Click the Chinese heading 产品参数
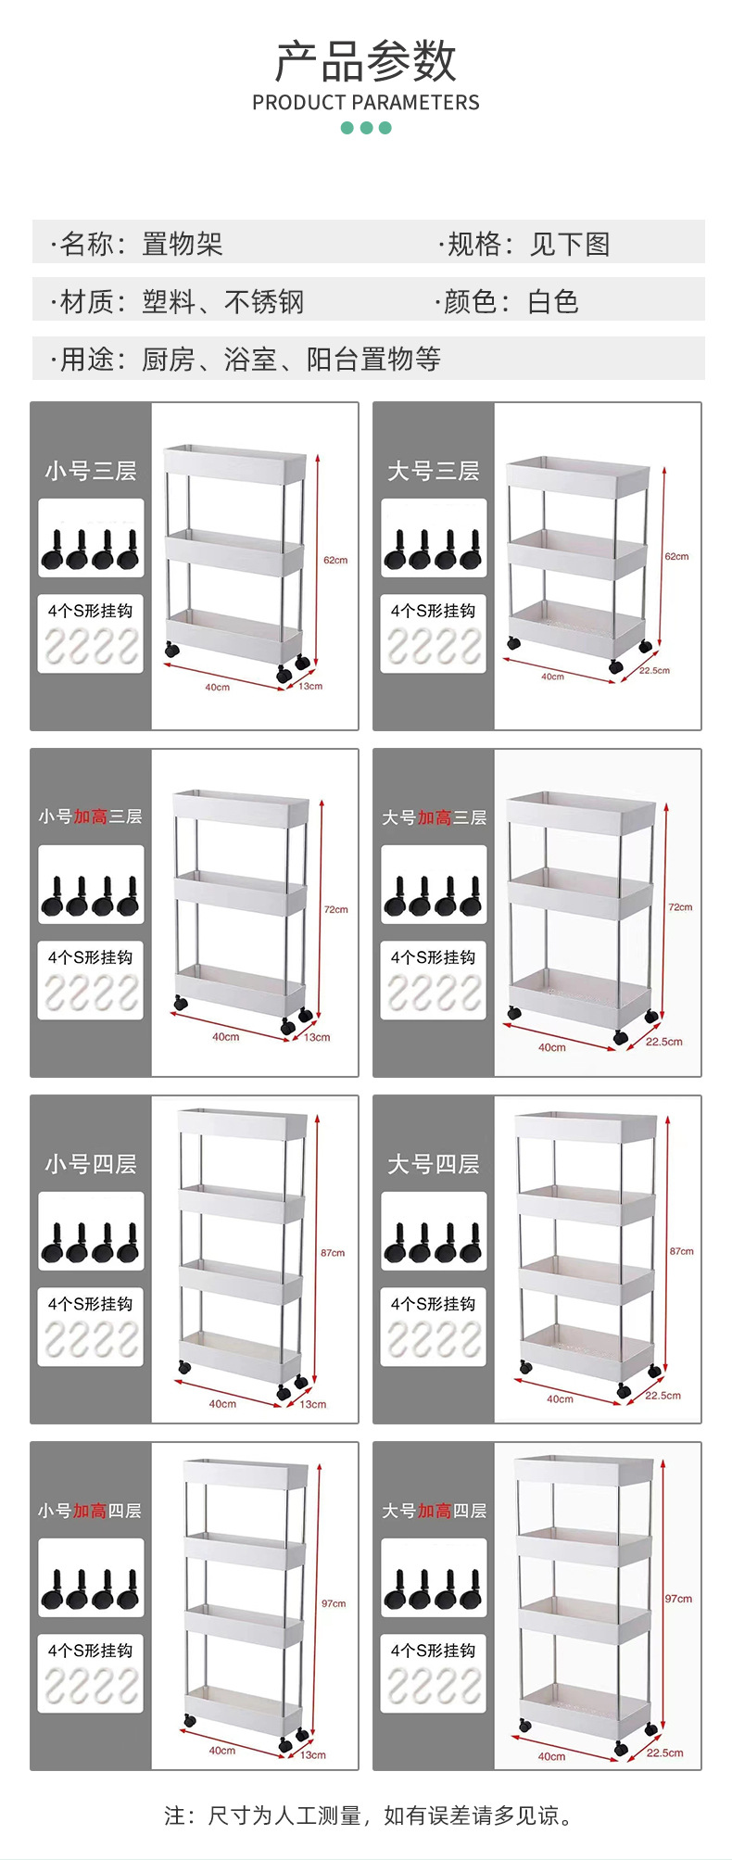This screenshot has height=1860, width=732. [366, 61]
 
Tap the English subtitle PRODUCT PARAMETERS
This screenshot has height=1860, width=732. [366, 103]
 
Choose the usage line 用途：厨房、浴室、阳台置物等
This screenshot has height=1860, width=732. [246, 359]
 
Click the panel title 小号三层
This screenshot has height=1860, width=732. [91, 471]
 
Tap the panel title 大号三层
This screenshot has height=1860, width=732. [434, 471]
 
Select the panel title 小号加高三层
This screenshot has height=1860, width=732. [91, 816]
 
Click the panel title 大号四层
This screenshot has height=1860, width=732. [434, 1164]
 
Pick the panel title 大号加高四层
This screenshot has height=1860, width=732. [434, 1511]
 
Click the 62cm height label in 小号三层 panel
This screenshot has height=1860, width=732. [335, 560]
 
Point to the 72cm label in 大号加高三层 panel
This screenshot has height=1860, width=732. [680, 907]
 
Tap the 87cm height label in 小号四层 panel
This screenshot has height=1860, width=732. [333, 1252]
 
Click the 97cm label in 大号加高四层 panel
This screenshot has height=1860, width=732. [678, 1599]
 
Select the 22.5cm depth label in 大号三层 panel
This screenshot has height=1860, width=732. [654, 670]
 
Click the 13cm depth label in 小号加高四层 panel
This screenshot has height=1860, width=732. [313, 1754]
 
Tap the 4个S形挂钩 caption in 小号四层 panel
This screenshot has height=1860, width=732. [91, 1304]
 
